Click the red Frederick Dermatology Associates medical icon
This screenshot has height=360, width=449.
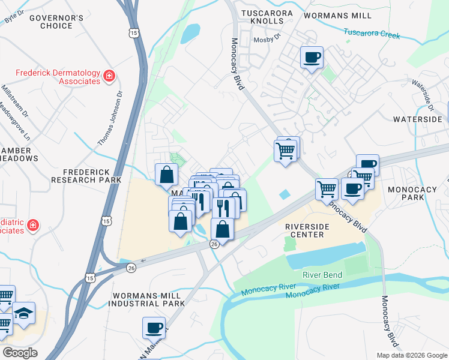click(x=109, y=76)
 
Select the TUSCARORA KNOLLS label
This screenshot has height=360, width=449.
click(x=267, y=17)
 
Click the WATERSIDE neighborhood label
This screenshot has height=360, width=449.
click(x=418, y=119)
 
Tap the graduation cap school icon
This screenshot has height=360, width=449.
click(x=23, y=314)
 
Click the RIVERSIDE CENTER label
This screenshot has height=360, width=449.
click(x=307, y=230)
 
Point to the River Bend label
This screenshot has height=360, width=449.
click(x=322, y=275)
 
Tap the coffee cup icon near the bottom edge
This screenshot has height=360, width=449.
click(x=153, y=328)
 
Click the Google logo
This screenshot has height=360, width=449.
click(x=20, y=353)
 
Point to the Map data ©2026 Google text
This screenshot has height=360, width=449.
click(x=411, y=355)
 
